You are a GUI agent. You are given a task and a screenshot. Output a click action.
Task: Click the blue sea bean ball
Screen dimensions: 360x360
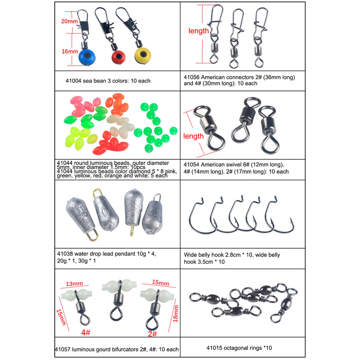87,57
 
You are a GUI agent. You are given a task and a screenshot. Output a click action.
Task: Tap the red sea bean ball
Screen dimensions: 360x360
118,57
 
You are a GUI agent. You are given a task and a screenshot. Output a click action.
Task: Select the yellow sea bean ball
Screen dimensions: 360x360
143,55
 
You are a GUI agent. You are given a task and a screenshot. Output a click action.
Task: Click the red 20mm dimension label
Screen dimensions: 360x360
69,21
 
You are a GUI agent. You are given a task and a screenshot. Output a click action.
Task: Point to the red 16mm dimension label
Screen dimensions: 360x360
70,51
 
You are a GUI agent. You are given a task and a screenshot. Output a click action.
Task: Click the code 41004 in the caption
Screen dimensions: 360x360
73,81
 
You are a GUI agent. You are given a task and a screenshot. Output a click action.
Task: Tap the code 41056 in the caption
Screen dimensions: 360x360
192,77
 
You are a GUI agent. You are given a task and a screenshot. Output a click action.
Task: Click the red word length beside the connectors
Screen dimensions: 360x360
198,31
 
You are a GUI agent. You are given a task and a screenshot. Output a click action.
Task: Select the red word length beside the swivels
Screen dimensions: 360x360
193,136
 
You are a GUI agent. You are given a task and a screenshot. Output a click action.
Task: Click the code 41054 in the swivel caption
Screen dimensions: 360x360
192,165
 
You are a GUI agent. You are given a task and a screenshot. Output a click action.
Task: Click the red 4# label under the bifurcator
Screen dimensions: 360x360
85,332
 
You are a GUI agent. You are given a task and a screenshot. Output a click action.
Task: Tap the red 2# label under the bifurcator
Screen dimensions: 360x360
152,333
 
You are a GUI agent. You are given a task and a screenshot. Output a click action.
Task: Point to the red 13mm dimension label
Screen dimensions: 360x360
74,284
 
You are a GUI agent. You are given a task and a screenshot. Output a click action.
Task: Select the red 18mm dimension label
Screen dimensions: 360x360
175,314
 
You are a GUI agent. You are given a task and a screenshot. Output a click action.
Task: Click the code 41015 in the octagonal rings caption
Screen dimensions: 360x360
215,348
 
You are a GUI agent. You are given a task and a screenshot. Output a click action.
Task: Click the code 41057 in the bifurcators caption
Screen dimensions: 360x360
63,350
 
